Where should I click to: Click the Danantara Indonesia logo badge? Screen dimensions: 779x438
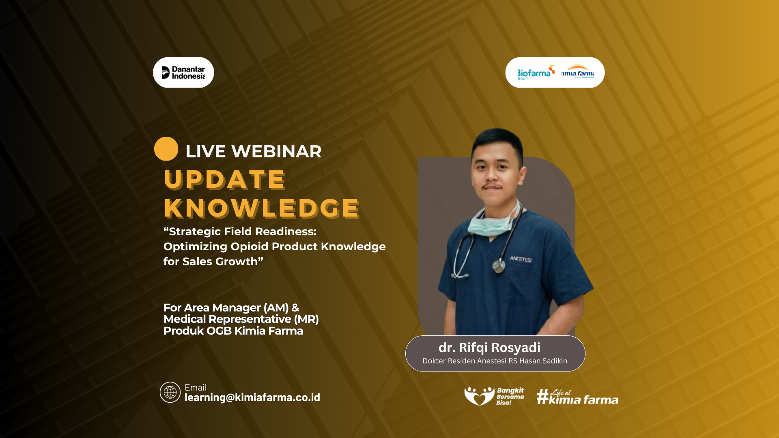pyautogui.click(x=183, y=73)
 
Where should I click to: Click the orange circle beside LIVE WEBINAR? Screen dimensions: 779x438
pyautogui.click(x=166, y=149)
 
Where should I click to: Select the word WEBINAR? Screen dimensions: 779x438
pyautogui.click(x=276, y=152)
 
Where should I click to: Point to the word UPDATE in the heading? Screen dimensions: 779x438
pyautogui.click(x=225, y=179)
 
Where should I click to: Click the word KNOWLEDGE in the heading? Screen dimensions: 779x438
pyautogui.click(x=262, y=208)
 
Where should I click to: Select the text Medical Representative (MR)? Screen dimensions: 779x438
pyautogui.click(x=241, y=319)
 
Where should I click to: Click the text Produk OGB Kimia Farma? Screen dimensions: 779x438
pyautogui.click(x=233, y=331)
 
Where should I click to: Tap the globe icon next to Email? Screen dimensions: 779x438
pyautogui.click(x=170, y=392)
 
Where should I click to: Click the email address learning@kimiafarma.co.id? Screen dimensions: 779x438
pyautogui.click(x=252, y=397)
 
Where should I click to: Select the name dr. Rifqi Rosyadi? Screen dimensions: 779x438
pyautogui.click(x=489, y=348)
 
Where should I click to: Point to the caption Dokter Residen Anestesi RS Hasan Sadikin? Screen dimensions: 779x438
pyautogui.click(x=495, y=361)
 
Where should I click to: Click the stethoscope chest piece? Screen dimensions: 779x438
pyautogui.click(x=498, y=266)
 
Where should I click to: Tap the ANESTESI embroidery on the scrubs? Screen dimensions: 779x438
pyautogui.click(x=521, y=259)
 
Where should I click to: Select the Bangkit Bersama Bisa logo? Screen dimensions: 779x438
pyautogui.click(x=494, y=396)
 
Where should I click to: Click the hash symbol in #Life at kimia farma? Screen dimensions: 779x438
pyautogui.click(x=542, y=396)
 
